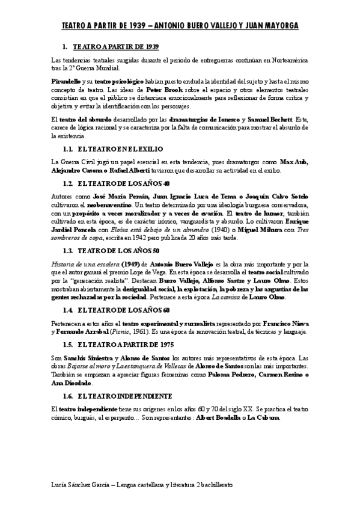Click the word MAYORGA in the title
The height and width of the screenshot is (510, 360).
(x=278, y=26)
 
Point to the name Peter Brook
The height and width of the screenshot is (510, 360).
(x=145, y=89)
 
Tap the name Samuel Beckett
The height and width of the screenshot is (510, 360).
(x=269, y=119)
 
